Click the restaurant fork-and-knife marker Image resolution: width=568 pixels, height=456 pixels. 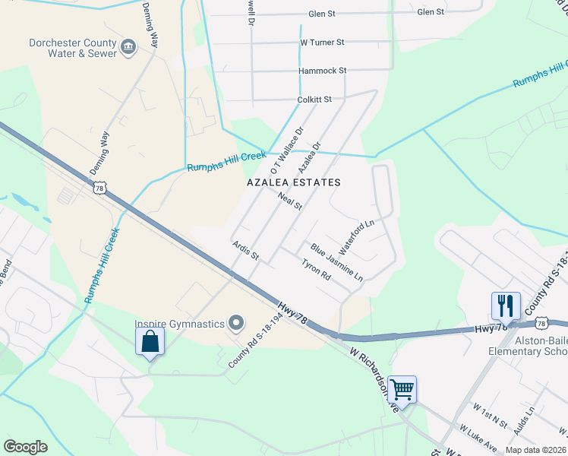506,306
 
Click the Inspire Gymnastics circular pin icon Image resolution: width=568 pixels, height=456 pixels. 236,324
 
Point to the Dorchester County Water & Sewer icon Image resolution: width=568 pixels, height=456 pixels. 128,49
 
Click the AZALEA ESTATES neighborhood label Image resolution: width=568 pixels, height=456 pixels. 294,182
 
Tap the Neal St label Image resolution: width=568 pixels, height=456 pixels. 290,201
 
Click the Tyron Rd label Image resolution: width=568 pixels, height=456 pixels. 316,271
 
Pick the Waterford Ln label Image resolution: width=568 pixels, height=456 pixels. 357,237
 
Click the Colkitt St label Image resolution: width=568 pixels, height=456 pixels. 314,100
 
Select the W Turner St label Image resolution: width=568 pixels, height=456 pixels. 322,42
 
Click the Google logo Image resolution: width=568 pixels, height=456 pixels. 26,447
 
